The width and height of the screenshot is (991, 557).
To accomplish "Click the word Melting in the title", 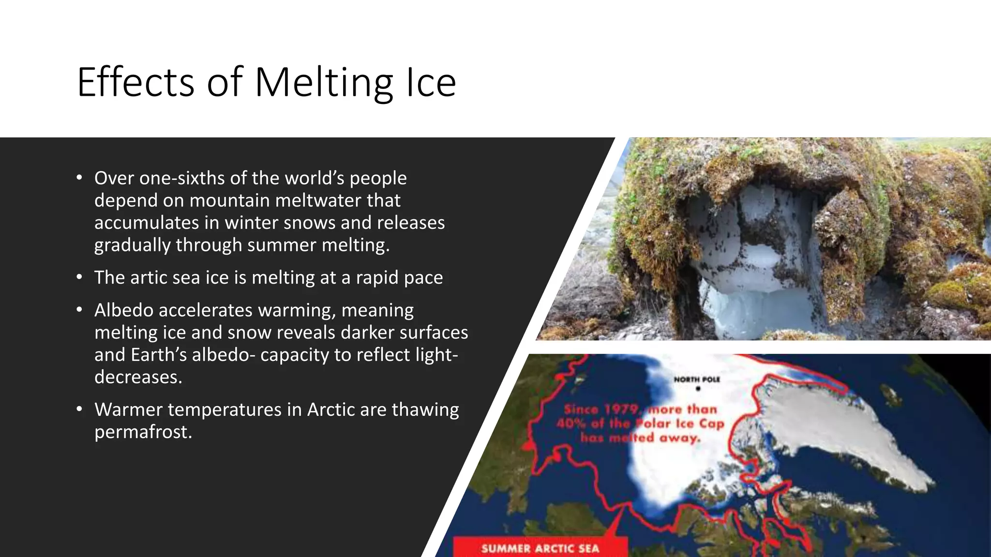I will click(323, 83).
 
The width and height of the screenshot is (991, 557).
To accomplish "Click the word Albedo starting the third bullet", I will click(124, 310).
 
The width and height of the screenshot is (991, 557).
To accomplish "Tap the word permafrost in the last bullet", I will click(143, 432).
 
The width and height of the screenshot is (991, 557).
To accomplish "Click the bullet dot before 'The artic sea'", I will click(79, 278).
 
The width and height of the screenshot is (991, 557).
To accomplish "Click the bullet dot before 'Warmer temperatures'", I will click(79, 410).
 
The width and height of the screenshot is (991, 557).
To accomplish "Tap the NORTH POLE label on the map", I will click(697, 380).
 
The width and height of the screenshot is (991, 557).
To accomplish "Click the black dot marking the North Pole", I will click(698, 388).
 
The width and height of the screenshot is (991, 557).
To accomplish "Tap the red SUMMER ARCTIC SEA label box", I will click(540, 548).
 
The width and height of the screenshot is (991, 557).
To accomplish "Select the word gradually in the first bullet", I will click(132, 245).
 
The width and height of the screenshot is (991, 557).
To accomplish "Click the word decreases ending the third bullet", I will click(138, 377).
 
